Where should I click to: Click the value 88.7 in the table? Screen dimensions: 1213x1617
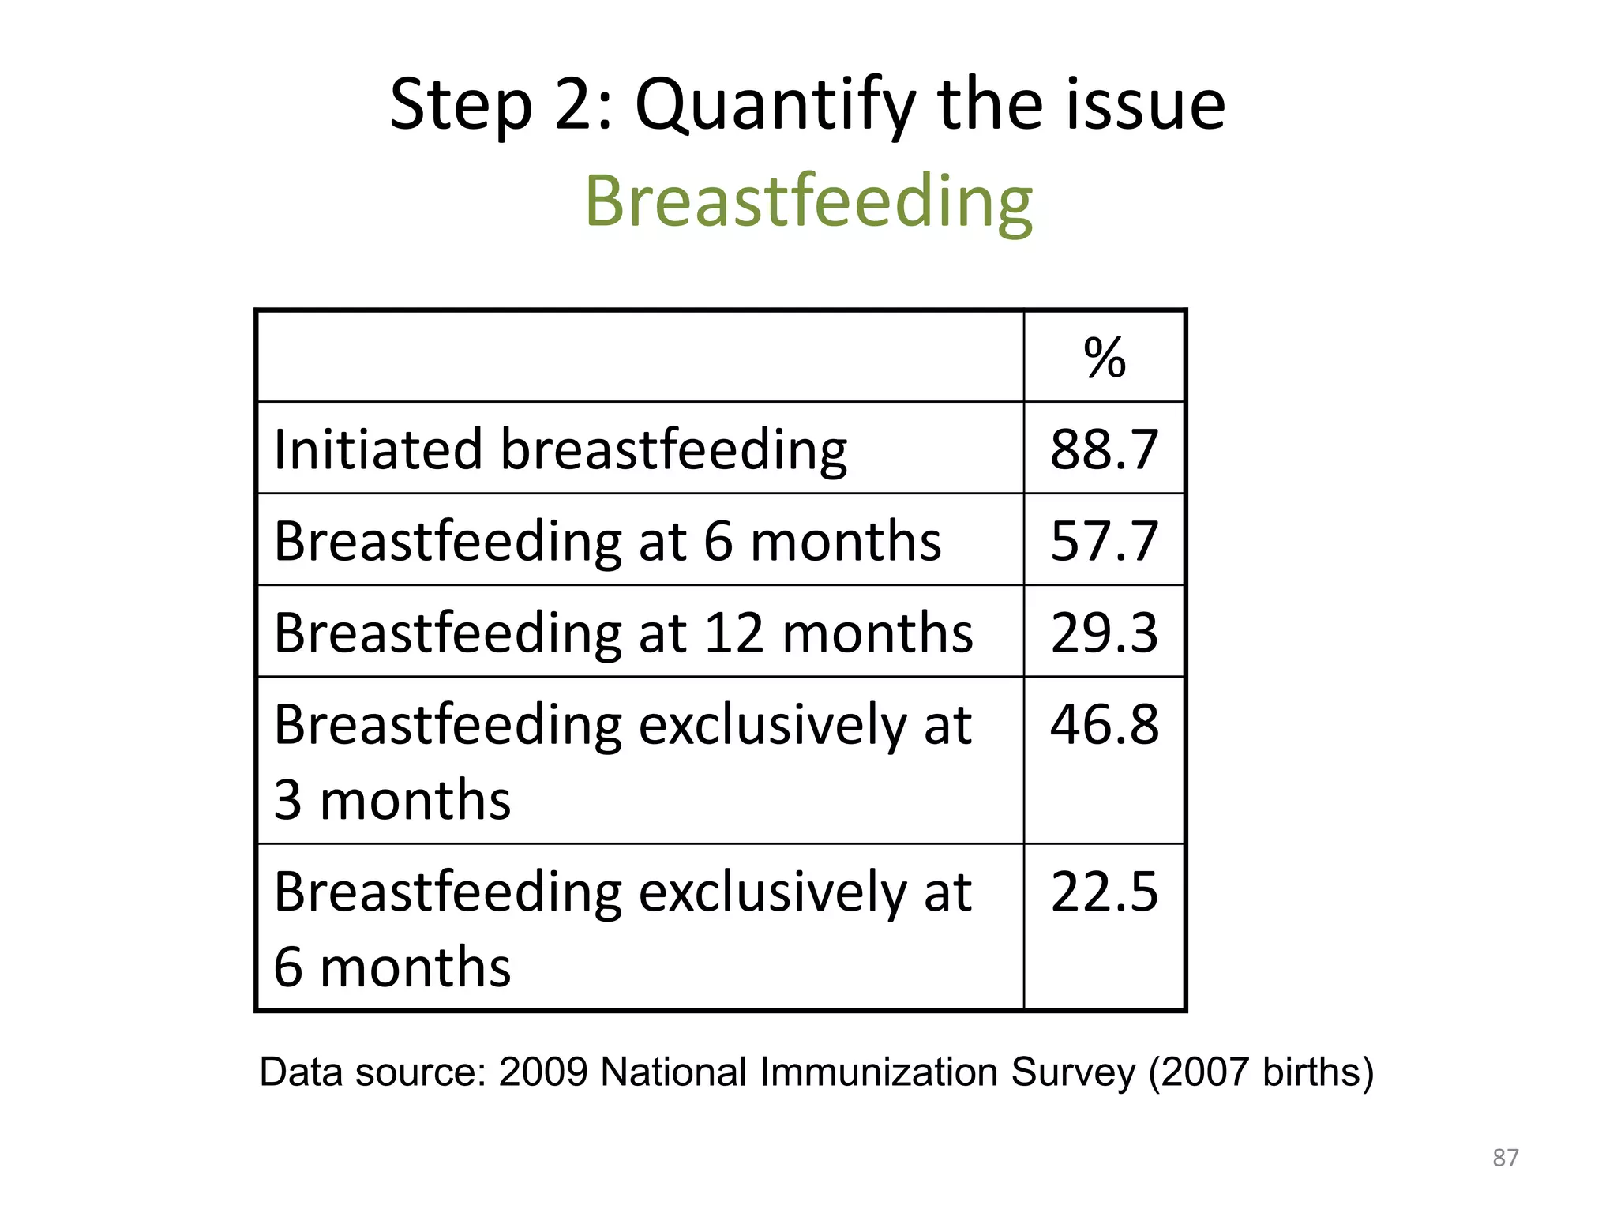point(1104,449)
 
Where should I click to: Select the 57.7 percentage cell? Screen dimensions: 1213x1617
point(1104,541)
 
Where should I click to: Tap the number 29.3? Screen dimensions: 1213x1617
point(1104,633)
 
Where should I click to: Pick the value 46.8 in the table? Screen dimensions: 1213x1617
point(1104,724)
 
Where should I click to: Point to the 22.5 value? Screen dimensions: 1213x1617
point(1104,892)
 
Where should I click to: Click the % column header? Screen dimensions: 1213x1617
point(1104,358)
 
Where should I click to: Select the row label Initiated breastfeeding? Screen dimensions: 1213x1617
point(560,449)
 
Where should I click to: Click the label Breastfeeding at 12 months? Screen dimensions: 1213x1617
point(623,633)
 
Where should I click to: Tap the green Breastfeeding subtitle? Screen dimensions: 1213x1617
point(808,201)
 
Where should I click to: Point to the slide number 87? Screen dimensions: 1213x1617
point(1505,1158)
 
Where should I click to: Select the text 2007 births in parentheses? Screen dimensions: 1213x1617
point(1260,1072)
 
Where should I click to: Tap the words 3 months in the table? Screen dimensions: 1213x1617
point(392,800)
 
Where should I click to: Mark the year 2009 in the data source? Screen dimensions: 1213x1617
point(543,1072)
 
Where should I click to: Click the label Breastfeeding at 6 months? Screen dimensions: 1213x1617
point(607,541)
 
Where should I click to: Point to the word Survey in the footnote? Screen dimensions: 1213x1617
point(1073,1072)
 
